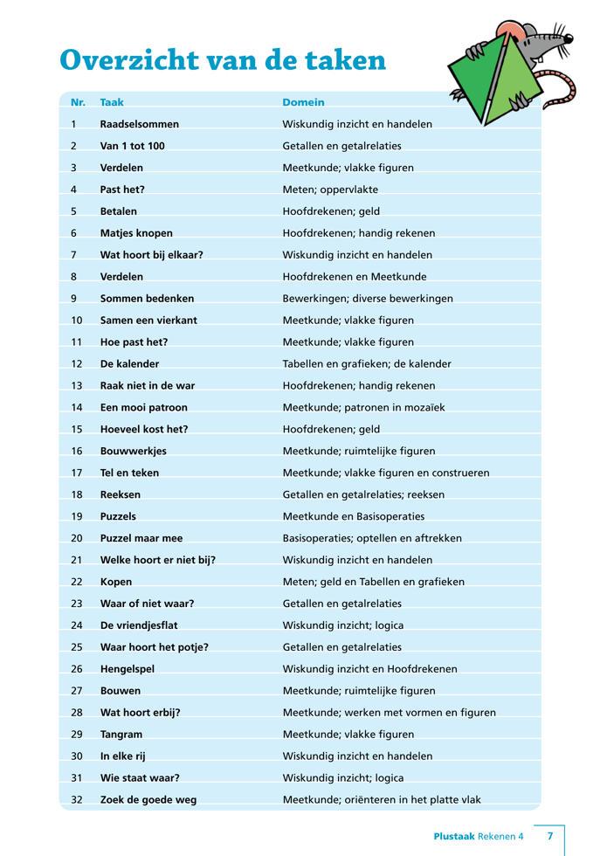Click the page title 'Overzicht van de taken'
223,59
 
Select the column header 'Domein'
302,102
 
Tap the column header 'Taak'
112,102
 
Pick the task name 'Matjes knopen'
136,233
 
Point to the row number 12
76,363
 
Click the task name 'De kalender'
130,363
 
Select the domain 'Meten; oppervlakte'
330,190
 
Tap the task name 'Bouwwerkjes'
134,451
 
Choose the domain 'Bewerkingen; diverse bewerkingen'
368,299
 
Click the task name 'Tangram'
121,735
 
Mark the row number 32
76,799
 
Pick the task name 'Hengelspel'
129,669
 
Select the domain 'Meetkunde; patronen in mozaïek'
364,407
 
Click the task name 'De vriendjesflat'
139,625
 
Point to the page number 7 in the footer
550,836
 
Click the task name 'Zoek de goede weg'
148,799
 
